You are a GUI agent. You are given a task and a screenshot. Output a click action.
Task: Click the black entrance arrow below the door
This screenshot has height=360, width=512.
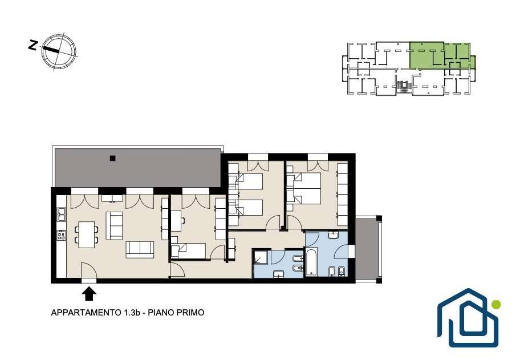[88, 294]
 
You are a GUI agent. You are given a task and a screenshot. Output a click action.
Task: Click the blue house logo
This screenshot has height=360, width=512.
[468, 318]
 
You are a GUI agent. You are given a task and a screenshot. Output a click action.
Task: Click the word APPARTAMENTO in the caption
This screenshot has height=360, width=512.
[86, 313]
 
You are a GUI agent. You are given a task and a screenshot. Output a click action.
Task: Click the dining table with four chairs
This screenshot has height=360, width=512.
[87, 234]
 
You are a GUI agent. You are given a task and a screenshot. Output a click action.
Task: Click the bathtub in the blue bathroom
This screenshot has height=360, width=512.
[311, 261]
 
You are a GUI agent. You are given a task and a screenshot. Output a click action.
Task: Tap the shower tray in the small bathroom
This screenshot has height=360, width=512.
[261, 257]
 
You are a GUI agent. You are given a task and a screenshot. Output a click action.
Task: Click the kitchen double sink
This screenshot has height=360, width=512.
[62, 215]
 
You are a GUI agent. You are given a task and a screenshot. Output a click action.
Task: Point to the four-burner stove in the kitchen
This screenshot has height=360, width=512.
[62, 235]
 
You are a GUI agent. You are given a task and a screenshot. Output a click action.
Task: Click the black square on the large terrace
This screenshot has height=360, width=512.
[113, 159]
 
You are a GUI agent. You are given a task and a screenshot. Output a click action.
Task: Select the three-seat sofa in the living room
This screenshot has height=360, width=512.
[140, 249]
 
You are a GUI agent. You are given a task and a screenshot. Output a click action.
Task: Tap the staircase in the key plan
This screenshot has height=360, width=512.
[404, 85]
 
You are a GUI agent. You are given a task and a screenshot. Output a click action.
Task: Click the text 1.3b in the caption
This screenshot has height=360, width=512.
[132, 313]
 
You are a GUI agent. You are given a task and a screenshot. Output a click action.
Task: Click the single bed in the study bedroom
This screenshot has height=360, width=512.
[188, 250]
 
